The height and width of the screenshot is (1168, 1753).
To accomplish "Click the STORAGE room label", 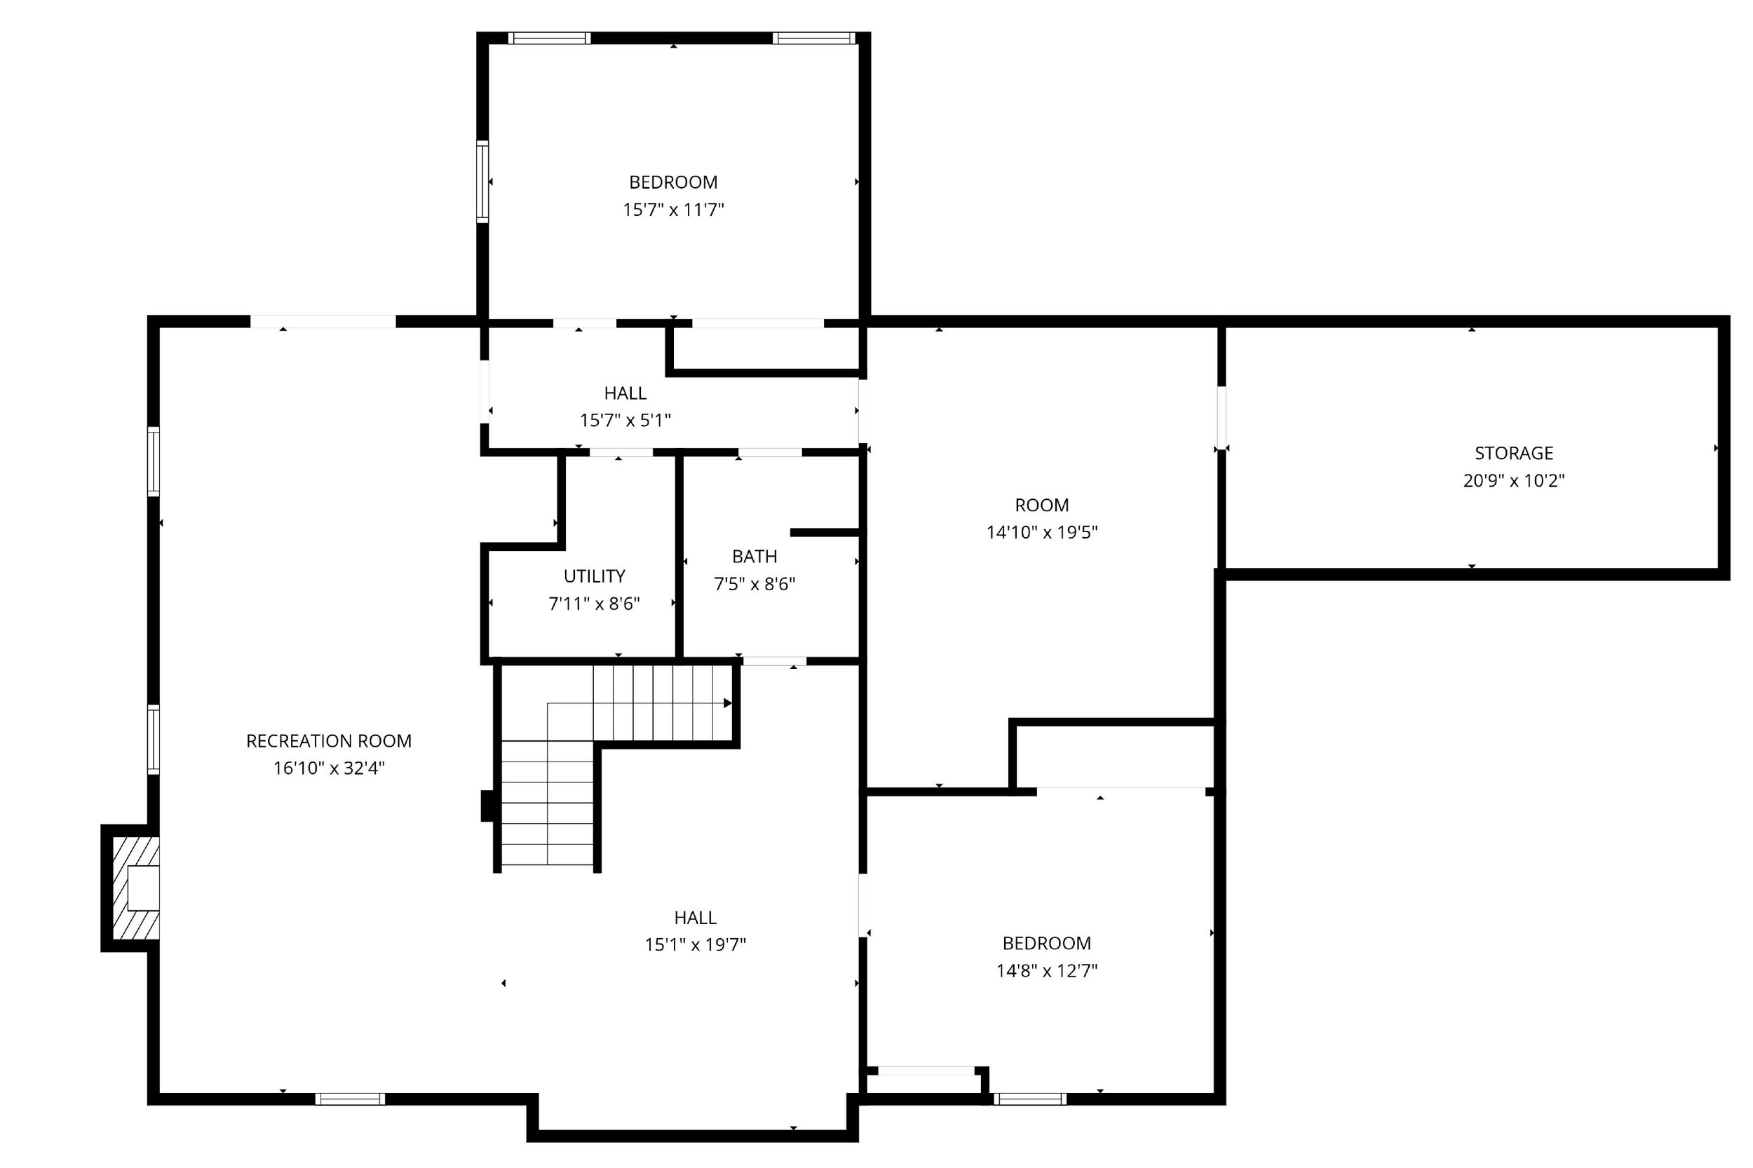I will (x=1513, y=453).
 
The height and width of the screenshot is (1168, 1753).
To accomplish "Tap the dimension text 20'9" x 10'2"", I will (x=1513, y=480).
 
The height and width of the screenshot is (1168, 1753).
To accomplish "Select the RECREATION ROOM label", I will (x=329, y=741).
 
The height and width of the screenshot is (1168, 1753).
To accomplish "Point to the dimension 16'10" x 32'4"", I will (x=329, y=768).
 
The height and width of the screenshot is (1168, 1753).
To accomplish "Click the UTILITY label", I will (x=594, y=576).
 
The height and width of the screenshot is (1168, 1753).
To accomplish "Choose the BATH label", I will (x=754, y=557).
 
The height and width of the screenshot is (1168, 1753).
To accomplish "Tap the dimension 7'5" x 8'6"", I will (x=754, y=584).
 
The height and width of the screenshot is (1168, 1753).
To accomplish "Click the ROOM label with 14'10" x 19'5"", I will (x=1041, y=505).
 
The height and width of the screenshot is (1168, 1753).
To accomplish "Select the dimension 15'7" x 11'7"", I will (x=673, y=210).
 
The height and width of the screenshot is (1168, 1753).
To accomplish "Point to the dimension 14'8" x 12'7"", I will (x=1047, y=970).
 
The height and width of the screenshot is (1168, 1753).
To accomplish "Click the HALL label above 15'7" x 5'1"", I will (x=625, y=393).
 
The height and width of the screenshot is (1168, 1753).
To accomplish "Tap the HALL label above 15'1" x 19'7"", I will (x=695, y=918).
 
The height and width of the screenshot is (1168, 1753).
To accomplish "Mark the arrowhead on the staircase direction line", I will (x=728, y=703).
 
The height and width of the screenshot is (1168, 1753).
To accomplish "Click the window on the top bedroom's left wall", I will (x=482, y=181).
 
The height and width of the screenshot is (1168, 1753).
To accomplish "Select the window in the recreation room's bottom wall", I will (x=349, y=1099).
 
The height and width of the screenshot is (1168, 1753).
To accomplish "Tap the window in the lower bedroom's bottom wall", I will (x=1029, y=1099).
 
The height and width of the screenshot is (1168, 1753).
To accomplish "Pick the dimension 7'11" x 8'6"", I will (x=594, y=604).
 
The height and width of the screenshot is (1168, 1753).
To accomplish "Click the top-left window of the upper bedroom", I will (x=549, y=38).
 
